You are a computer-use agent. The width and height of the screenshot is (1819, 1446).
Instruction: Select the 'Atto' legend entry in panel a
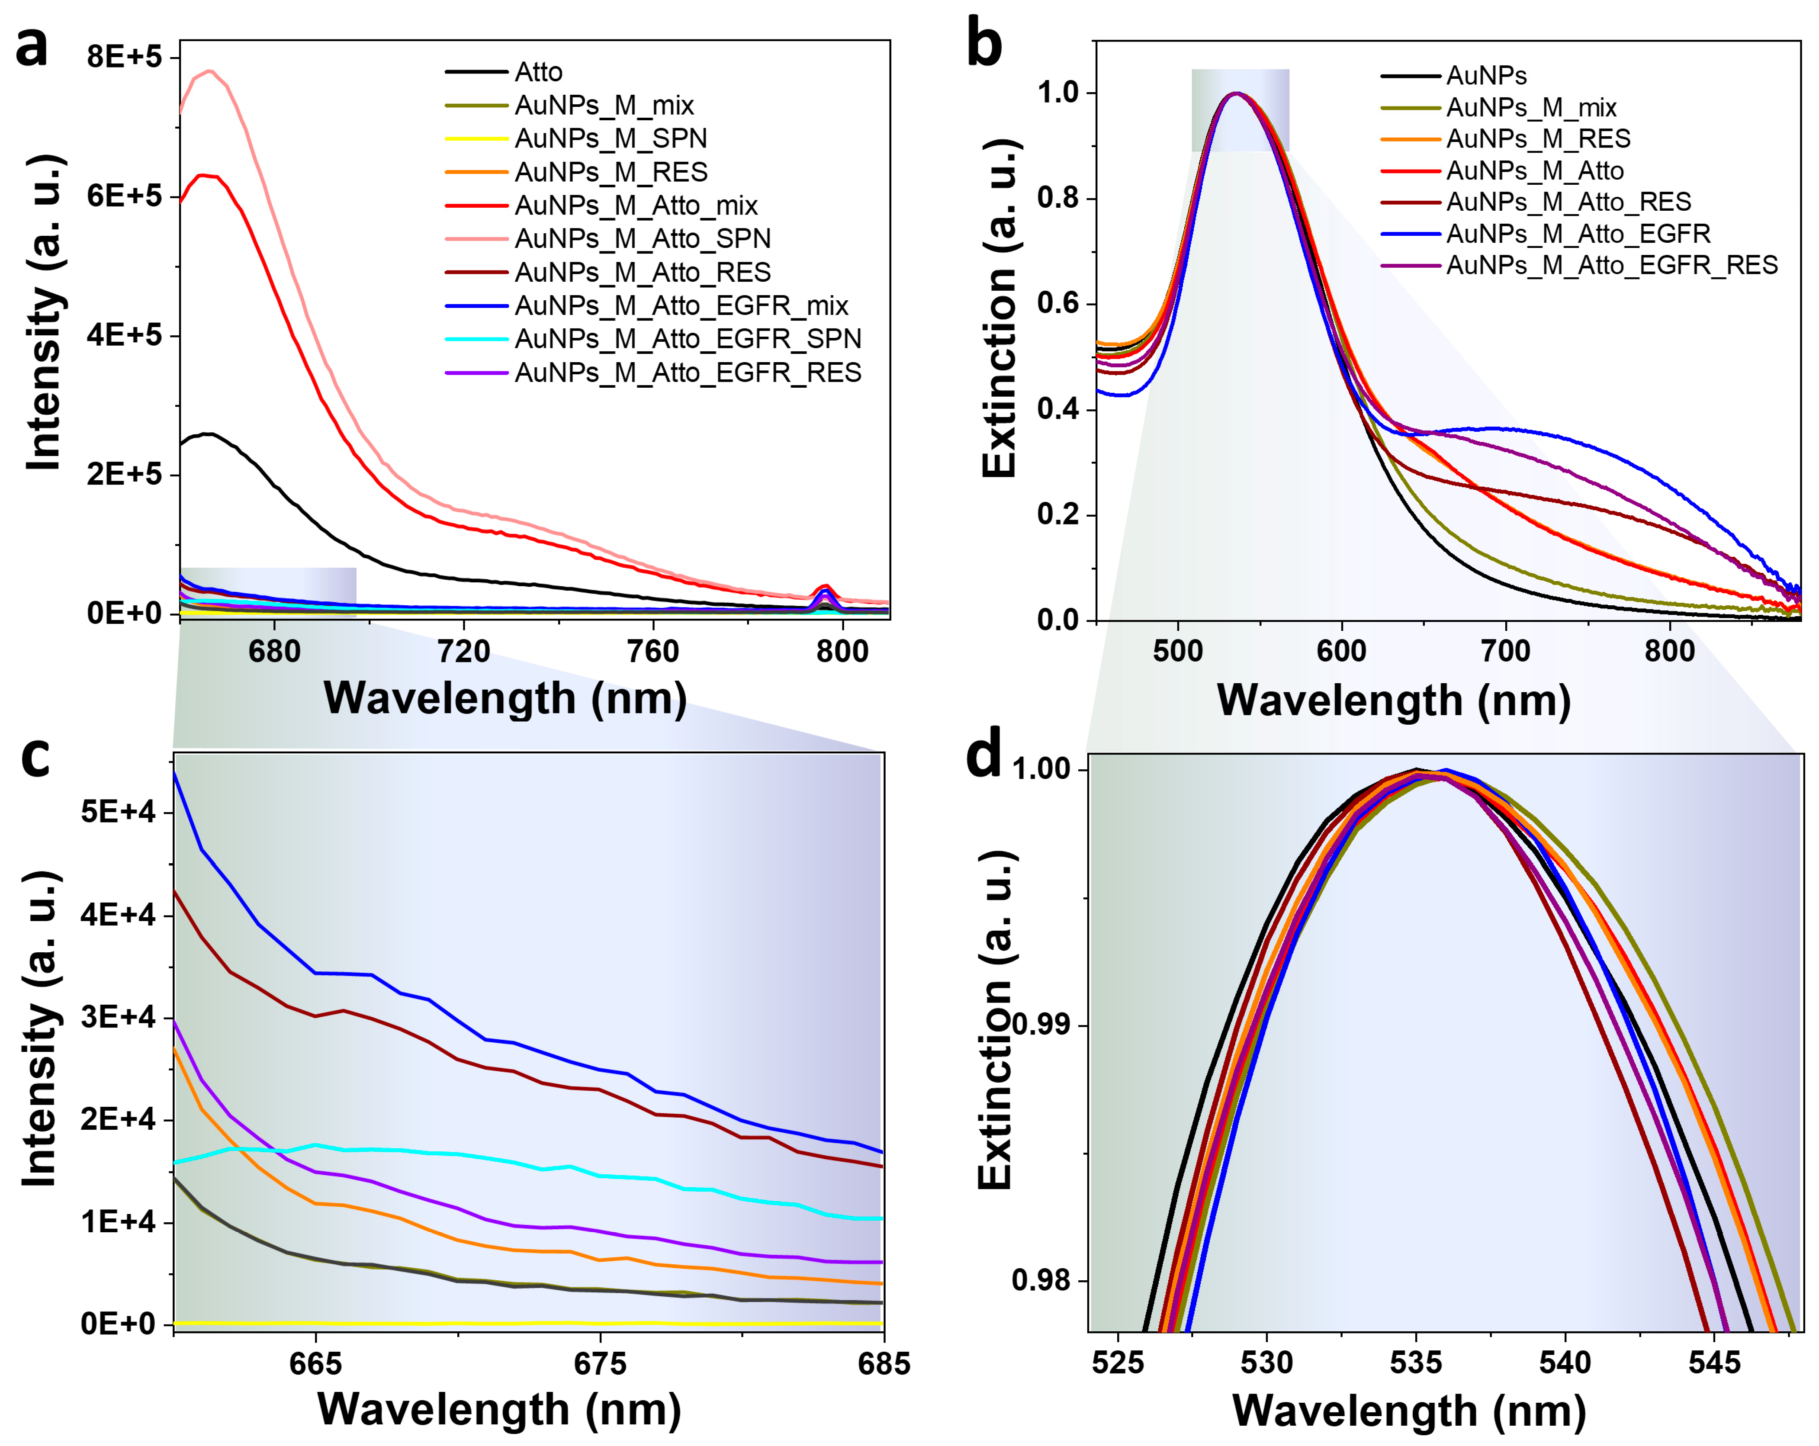pos(538,73)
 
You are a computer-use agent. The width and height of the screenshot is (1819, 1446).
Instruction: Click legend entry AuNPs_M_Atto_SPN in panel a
pos(642,239)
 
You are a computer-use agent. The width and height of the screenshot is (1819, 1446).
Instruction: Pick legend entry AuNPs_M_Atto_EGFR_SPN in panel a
pos(688,339)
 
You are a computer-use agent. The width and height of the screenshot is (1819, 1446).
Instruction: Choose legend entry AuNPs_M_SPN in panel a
pos(611,138)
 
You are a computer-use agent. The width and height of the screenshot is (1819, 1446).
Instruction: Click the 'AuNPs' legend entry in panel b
pos(1486,76)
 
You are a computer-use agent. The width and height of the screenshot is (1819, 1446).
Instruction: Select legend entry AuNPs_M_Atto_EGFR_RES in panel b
pos(1611,266)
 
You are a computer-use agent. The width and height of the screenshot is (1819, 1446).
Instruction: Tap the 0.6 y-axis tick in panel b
pos(1058,304)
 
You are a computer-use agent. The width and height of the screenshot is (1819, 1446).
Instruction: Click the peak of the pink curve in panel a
pos(209,71)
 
